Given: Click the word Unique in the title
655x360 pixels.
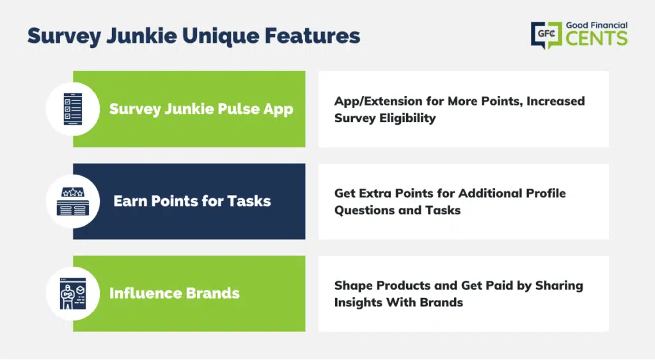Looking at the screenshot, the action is (x=221, y=36).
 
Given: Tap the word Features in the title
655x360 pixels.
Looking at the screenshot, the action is (x=312, y=36).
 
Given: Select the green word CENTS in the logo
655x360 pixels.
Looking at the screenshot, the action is (x=597, y=38).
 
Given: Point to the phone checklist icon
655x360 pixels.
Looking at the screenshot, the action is (x=73, y=109).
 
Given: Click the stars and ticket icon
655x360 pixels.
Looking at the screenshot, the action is (x=73, y=201).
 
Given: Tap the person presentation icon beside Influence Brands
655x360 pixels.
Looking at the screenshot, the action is (x=73, y=293).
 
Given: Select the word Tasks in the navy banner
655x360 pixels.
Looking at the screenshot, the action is (x=249, y=201).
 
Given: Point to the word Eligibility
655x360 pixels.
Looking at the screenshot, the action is (x=407, y=118).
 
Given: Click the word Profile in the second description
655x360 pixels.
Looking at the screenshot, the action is (x=546, y=193).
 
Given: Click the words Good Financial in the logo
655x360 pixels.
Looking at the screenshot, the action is (x=597, y=26).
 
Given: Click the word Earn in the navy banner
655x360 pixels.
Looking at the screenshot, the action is (x=130, y=201).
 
